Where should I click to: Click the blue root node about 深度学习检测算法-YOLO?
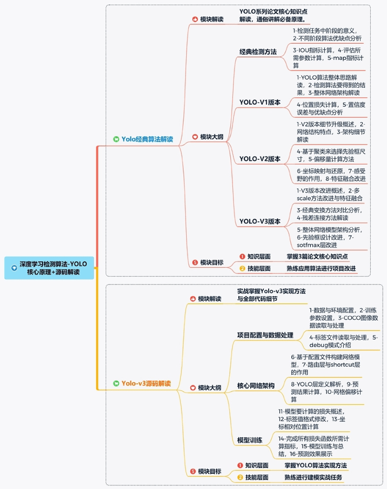pos(49,268)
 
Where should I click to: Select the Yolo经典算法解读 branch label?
pos(147,139)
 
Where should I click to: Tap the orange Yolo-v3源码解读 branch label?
pos(146,383)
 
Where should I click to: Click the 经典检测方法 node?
pos(258,52)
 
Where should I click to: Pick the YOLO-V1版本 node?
pos(260,103)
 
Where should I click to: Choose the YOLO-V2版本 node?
pos(260,159)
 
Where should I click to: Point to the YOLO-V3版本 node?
pos(260,221)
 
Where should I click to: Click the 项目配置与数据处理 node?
pos(265,335)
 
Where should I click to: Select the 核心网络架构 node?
pos(256,386)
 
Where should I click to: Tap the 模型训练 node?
pos(249,440)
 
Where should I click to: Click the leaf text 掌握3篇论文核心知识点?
pos(317,257)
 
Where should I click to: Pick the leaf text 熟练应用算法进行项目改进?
pos(321,269)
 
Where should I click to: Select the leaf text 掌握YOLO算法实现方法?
pos(315,465)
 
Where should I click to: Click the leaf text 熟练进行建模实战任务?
pos(313,477)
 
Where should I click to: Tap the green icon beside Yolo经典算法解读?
pos(116,139)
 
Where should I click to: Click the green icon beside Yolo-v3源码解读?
pos(116,383)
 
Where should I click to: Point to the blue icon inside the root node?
pos(14,268)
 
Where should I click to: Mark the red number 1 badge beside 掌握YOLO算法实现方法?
pos(240,465)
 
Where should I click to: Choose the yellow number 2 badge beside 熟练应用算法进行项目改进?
pos(242,269)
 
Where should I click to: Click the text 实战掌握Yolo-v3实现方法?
pos(271,291)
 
